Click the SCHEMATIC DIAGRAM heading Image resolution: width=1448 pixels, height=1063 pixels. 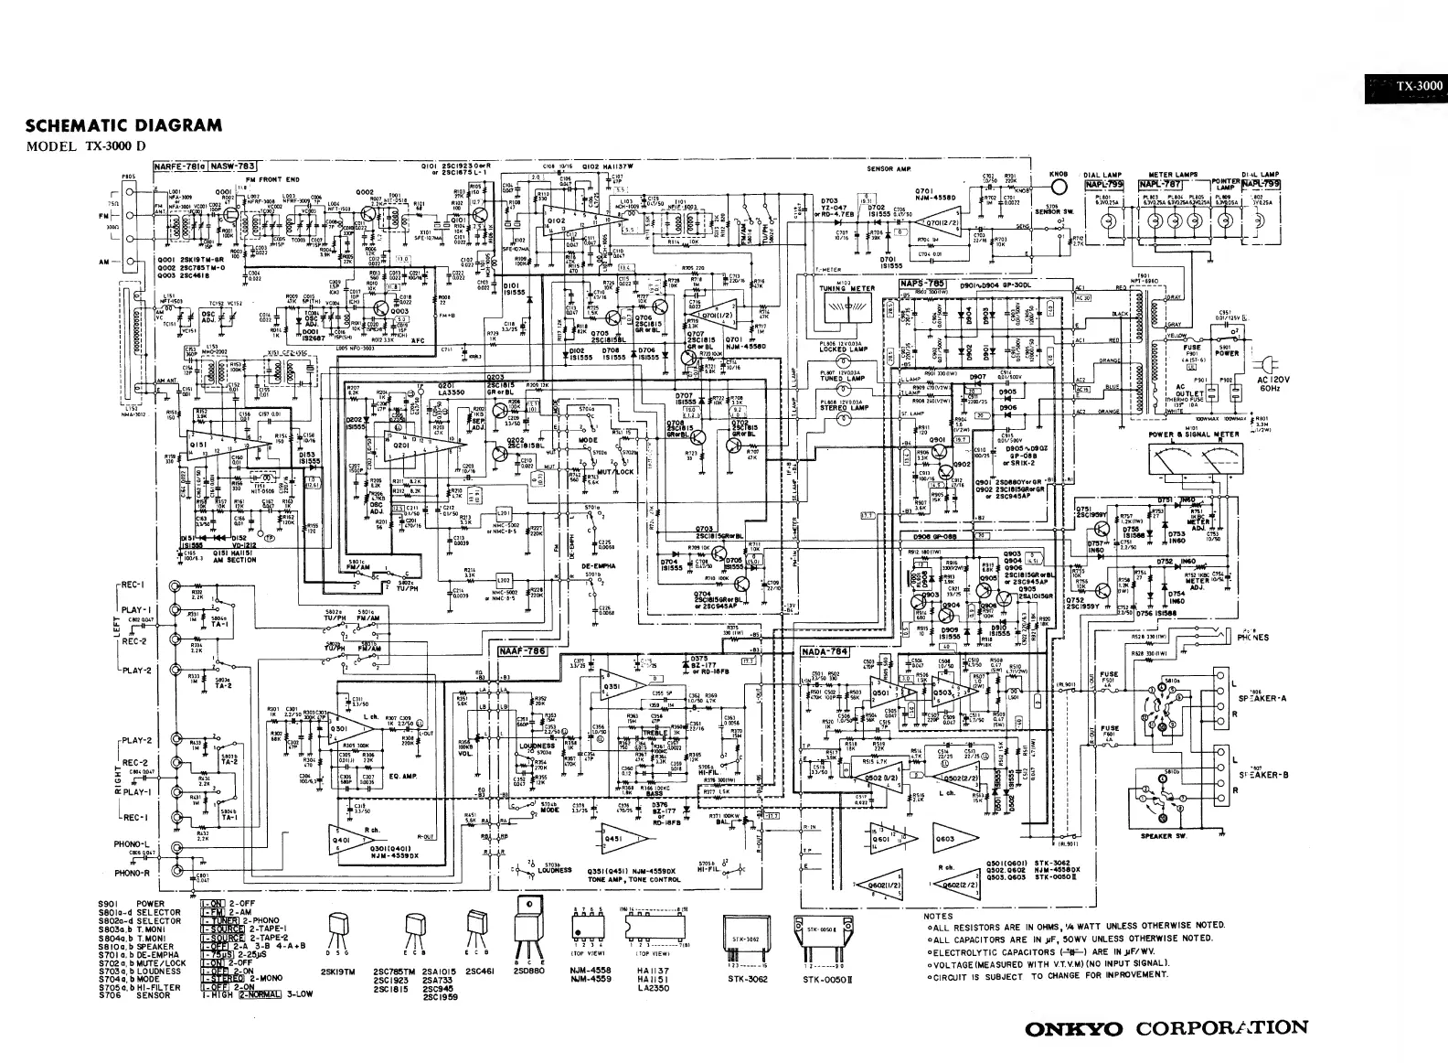point(123,125)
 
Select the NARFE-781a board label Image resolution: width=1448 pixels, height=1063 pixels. point(179,166)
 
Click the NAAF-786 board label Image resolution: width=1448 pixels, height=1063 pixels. point(522,651)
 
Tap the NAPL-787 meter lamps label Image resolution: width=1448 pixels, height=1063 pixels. point(1161,184)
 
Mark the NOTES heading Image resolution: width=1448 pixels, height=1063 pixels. point(938,916)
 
